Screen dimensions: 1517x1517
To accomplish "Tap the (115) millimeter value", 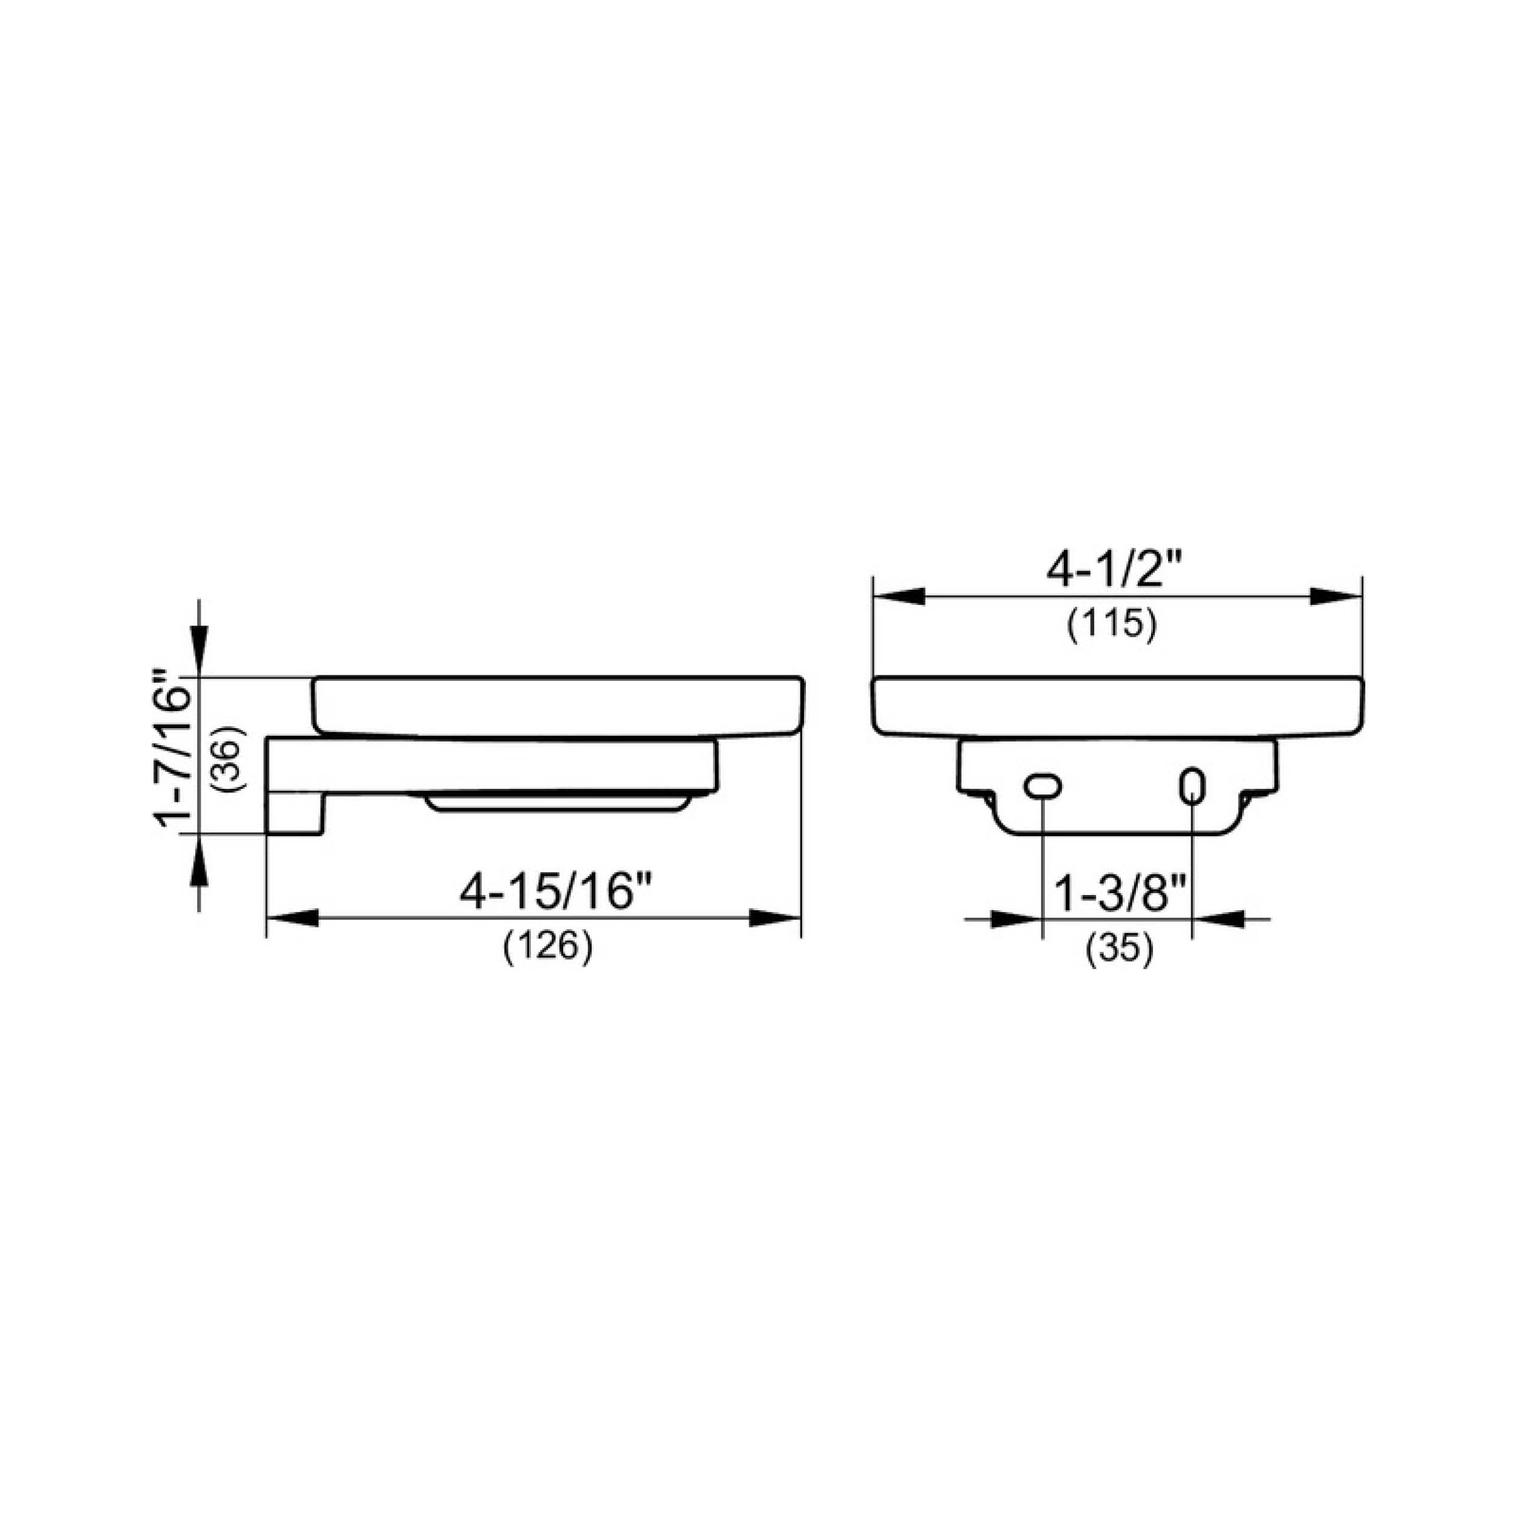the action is [1112, 625].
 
